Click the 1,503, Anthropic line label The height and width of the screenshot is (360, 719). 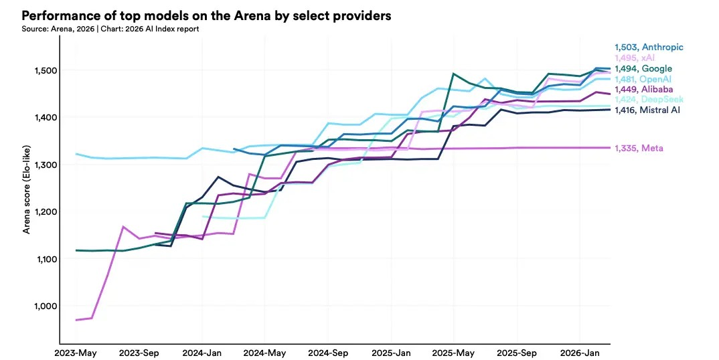tap(649, 48)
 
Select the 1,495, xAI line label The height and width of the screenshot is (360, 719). tap(635, 58)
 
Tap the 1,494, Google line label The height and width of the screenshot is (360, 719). tap(643, 69)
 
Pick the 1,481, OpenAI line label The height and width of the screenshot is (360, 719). tap(643, 80)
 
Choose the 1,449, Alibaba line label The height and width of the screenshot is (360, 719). tap(644, 90)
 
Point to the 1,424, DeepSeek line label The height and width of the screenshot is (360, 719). tap(649, 100)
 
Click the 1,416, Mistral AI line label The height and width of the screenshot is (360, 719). tap(647, 110)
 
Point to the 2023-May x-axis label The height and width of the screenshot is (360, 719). tap(76, 353)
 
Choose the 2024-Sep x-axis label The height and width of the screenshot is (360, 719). tap(328, 353)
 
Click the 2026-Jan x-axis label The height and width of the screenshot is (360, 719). tap(580, 353)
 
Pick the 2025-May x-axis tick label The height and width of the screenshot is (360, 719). tap(454, 353)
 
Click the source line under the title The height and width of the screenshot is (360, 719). tap(110, 29)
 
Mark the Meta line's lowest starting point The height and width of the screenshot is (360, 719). tap(76, 320)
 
